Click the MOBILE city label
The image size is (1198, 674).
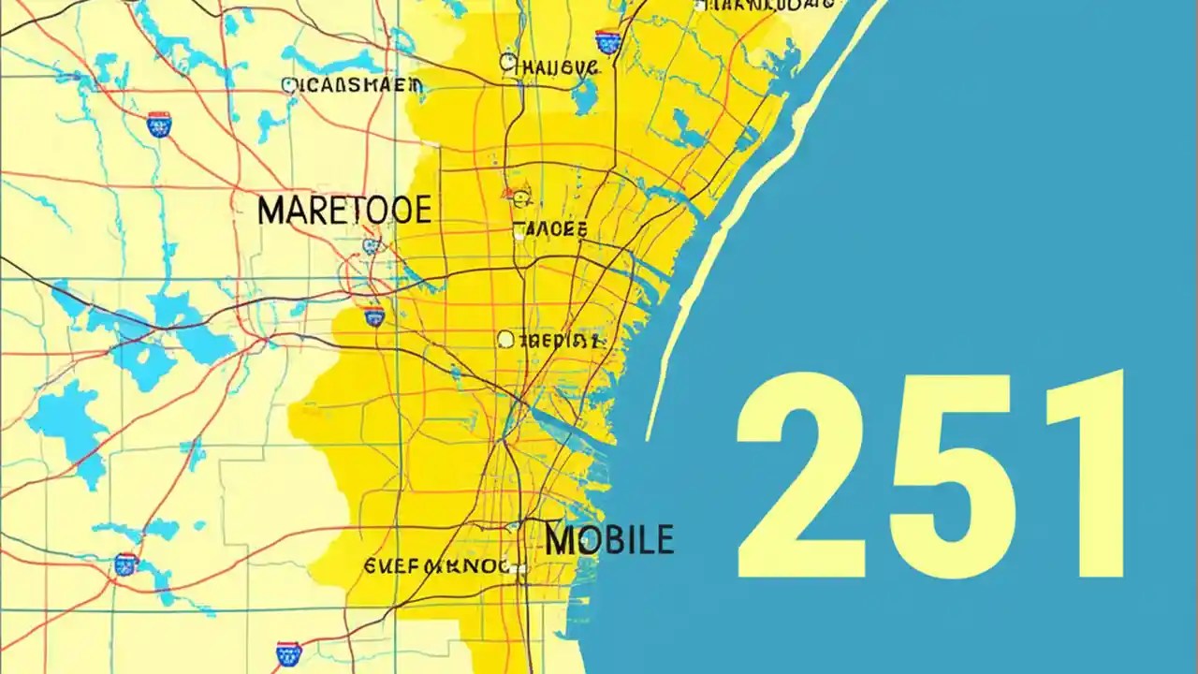608,539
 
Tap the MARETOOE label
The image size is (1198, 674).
343,211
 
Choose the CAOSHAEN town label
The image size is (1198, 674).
353,86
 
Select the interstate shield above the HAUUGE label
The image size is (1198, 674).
607,40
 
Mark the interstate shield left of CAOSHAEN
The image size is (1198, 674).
158,125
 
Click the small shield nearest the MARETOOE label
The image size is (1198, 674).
372,246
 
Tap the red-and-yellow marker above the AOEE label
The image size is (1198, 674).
519,197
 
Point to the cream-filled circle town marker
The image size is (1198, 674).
505,339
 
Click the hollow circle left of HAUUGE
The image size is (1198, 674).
507,63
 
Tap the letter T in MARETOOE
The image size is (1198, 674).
349,211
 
